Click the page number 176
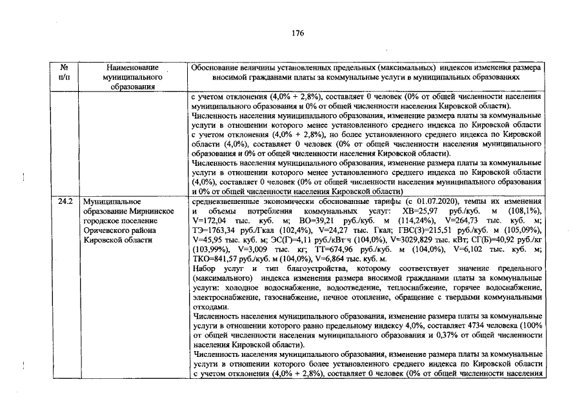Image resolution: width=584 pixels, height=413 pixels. [297, 33]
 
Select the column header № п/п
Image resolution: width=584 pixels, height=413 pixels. [64, 71]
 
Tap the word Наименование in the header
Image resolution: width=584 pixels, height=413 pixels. [133, 66]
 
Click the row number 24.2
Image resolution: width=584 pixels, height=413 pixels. [65, 201]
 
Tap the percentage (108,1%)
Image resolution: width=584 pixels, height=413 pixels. [525, 211]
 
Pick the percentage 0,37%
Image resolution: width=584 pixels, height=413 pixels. [446, 336]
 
